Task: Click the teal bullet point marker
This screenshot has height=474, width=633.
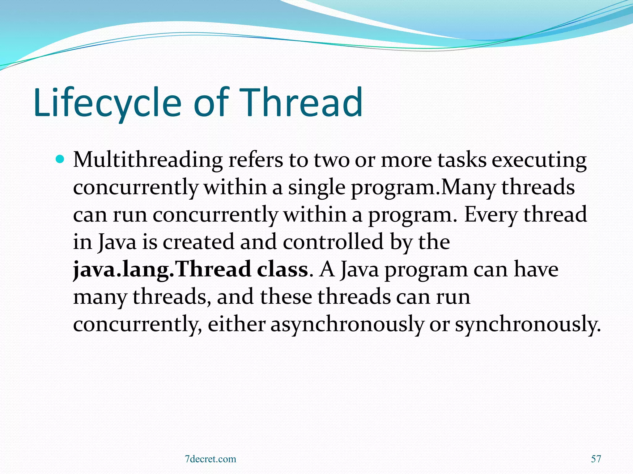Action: click(x=60, y=160)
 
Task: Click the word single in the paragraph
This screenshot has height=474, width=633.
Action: click(x=316, y=188)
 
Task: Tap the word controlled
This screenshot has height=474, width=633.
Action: click(x=333, y=242)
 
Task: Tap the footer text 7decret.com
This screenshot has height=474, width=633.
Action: click(x=210, y=459)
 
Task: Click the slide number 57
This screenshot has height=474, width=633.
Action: click(x=596, y=459)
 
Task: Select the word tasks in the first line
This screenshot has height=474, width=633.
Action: click(x=462, y=160)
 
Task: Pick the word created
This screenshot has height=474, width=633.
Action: click(x=198, y=242)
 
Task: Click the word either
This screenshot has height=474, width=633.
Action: click(x=236, y=324)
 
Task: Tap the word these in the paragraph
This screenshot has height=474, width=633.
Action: click(x=286, y=297)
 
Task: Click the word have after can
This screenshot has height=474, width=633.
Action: click(x=536, y=269)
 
